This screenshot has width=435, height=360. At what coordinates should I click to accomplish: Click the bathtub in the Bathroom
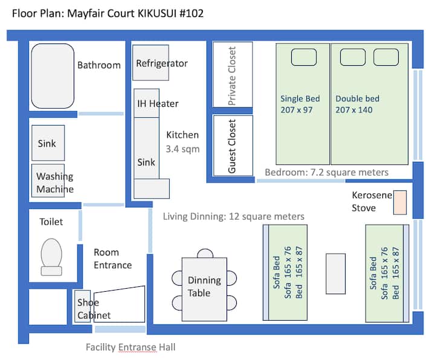53,76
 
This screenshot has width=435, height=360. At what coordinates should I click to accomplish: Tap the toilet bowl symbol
51,257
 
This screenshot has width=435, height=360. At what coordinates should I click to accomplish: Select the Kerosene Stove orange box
400,202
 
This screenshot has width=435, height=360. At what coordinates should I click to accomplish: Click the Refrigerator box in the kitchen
150,63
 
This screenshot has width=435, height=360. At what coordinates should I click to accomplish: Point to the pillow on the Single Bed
304,57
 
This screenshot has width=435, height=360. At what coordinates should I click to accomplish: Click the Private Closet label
232,76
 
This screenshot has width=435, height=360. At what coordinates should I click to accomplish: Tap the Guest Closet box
233,146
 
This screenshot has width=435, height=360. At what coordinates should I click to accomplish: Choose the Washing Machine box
48,181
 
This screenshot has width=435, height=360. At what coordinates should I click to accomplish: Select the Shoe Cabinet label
94,309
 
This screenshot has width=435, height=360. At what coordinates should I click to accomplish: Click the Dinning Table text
204,286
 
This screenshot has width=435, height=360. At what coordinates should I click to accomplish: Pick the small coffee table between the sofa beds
335,274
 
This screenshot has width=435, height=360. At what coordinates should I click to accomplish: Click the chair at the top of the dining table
205,253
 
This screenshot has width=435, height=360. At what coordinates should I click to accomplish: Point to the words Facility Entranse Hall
130,347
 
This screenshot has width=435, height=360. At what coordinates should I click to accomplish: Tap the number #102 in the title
192,13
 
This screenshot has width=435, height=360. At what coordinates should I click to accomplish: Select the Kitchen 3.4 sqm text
182,142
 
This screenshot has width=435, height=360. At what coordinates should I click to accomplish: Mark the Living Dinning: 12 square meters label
234,216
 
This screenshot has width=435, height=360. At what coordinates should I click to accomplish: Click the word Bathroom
99,65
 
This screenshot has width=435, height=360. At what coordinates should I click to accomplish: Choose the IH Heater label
158,103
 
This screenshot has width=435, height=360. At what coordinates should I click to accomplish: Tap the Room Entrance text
112,259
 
